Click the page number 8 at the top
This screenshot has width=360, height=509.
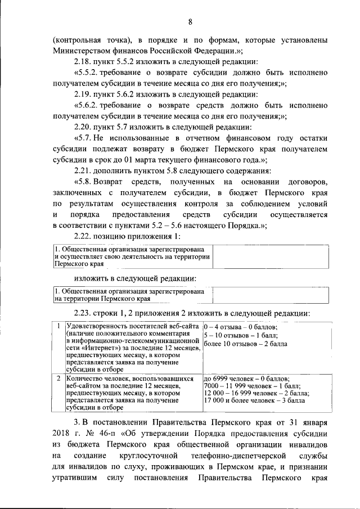click(x=190, y=22)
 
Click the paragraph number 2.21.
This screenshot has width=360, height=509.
click(x=84, y=171)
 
